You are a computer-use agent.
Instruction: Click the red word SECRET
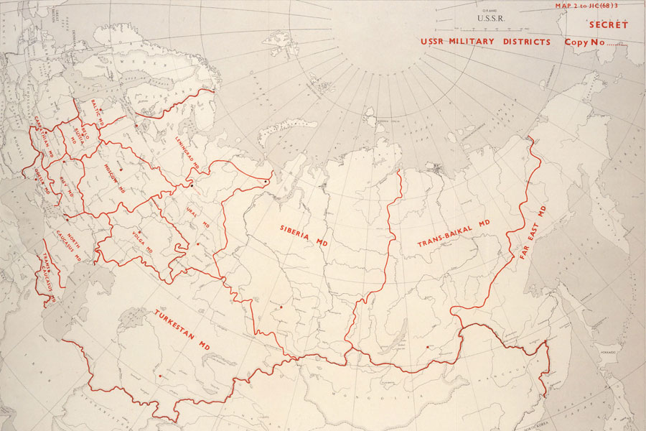[608, 25]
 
